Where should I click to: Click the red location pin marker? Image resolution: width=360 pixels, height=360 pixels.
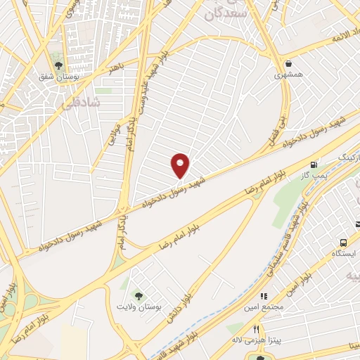180,165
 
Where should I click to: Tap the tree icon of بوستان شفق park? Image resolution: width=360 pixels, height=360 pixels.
58,66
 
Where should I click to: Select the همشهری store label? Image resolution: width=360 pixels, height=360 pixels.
288,74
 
